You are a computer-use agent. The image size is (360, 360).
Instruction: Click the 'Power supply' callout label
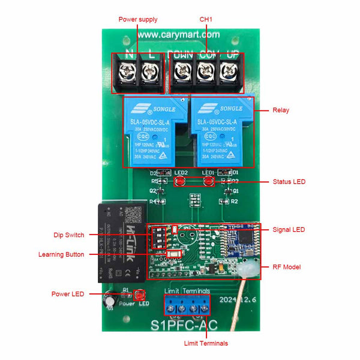point(138,20)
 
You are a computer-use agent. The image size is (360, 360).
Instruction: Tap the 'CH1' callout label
point(206,20)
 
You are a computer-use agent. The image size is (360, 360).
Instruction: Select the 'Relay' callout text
point(281,110)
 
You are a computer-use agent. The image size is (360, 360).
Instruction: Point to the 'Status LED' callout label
point(289,181)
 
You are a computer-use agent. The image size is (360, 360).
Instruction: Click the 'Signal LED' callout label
point(289,229)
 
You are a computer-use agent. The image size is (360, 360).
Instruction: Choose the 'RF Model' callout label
point(287,267)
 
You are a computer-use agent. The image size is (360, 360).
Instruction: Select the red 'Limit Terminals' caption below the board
point(206,343)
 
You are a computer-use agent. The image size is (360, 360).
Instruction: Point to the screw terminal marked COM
point(205,74)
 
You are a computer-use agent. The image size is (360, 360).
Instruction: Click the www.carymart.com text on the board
point(179,35)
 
